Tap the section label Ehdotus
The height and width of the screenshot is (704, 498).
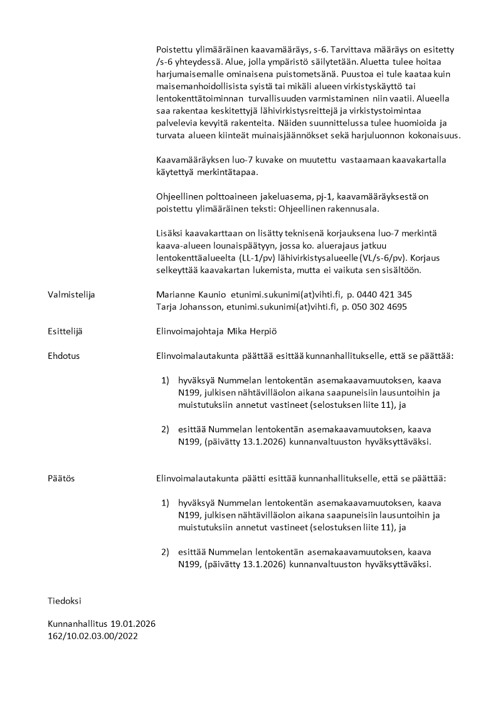tap(63, 356)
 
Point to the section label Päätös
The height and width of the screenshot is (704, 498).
tap(61, 478)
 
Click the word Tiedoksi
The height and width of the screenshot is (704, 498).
tap(65, 600)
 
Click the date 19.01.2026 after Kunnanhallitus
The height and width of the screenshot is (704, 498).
tap(133, 624)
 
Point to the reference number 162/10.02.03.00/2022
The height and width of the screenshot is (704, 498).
tap(93, 636)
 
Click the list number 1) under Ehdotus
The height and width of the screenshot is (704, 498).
tap(166, 380)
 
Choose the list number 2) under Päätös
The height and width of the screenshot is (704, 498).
tap(166, 552)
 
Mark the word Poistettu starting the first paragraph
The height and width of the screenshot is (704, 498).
tap(175, 49)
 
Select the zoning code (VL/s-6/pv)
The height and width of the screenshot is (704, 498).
tap(379, 258)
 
